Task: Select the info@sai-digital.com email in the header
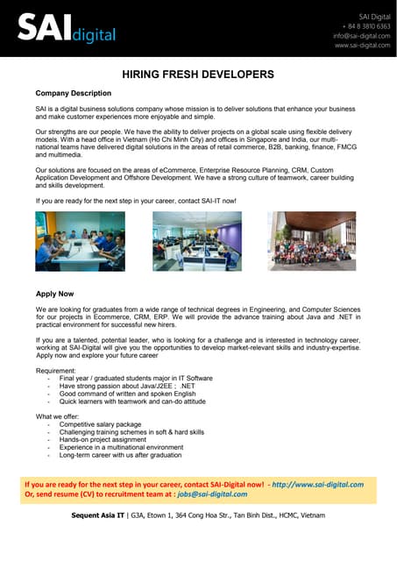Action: point(361,36)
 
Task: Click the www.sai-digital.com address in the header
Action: point(361,46)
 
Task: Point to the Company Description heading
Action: point(73,93)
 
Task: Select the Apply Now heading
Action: point(54,295)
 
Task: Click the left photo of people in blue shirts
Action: point(80,241)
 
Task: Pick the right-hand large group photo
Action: point(311,241)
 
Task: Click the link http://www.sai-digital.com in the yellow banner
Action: point(317,484)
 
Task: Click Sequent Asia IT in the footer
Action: point(99,515)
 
